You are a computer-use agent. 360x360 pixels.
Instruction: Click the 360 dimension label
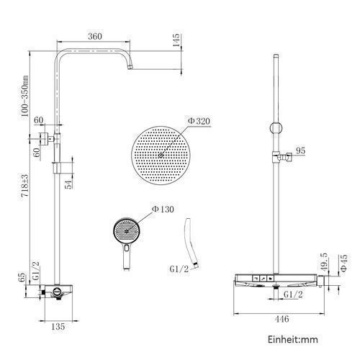[x=95, y=37]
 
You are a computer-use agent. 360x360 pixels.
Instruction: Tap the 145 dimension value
[x=176, y=40]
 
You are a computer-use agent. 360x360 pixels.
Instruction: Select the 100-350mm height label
[x=24, y=96]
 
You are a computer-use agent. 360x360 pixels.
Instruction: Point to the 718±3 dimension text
[x=24, y=186]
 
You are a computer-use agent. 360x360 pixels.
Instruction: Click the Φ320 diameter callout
[x=199, y=121]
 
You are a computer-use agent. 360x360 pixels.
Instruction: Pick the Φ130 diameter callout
[x=163, y=210]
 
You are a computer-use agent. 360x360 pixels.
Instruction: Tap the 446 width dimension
[x=282, y=319]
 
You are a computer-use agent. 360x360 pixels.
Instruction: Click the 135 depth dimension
[x=58, y=326]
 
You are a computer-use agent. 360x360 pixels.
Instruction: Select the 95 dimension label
[x=300, y=151]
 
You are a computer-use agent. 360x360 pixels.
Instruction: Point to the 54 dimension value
[x=68, y=184]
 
